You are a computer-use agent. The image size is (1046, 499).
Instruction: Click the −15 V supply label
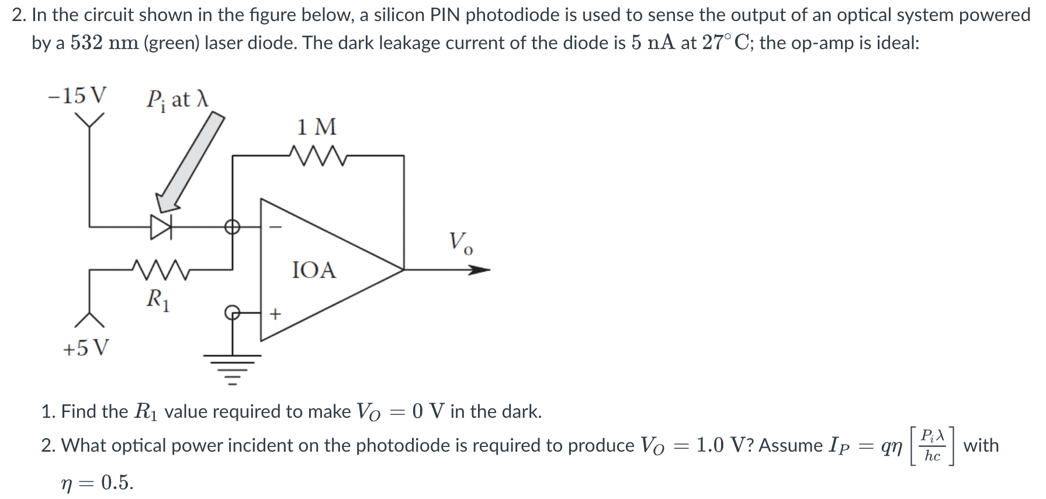pos(77,95)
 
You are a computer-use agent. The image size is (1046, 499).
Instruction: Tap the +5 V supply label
pos(85,348)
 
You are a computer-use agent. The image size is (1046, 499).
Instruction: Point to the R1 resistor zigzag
pos(160,270)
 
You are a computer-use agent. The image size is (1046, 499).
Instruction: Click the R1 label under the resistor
pos(158,300)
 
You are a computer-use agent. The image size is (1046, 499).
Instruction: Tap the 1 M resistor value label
pos(316,127)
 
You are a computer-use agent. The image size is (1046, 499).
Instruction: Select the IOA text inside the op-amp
pos(314,270)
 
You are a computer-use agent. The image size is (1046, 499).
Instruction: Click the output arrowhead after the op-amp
pos(479,270)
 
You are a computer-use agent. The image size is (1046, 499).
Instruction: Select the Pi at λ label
pos(176,99)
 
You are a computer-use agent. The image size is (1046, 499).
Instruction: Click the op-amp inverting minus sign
pos(278,226)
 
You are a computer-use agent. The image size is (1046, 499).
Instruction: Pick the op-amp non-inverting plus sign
pos(275,314)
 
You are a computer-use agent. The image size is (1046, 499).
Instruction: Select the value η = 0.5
pos(98,483)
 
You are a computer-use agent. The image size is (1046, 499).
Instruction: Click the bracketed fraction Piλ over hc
pos(931,445)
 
